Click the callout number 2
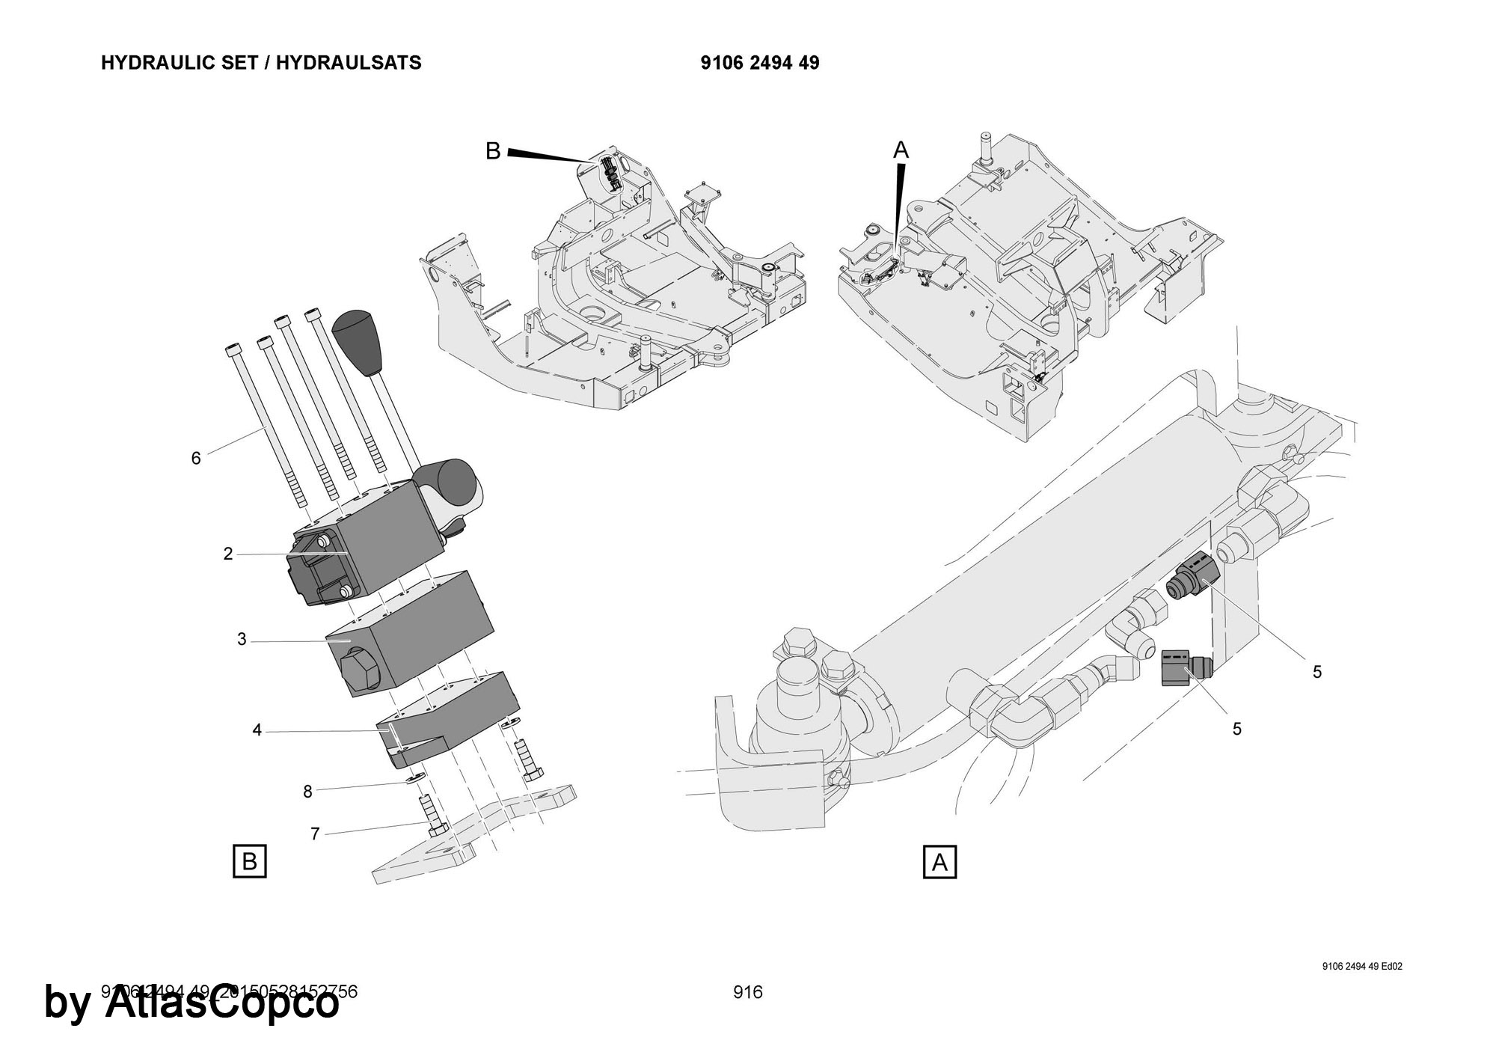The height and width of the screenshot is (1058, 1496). pos(228,554)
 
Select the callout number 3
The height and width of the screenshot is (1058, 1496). pos(242,640)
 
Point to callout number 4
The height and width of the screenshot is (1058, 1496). pos(257,730)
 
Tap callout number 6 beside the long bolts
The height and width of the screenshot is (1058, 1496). pos(196,458)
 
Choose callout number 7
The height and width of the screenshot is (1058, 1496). pos(315,834)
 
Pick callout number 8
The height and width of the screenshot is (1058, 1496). pos(307,791)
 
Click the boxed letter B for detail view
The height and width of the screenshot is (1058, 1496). pos(250,861)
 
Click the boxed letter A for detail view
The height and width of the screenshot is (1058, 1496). pos(940,863)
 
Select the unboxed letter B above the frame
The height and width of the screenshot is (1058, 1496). pos(493,151)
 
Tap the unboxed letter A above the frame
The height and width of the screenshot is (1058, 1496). pos(901,150)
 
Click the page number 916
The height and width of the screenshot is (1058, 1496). pos(748,992)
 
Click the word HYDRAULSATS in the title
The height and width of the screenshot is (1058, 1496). pos(349,63)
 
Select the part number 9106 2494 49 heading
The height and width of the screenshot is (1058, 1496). pos(760,63)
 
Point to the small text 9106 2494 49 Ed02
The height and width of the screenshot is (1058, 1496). pos(1362,966)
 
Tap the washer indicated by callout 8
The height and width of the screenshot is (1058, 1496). pos(417,779)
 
